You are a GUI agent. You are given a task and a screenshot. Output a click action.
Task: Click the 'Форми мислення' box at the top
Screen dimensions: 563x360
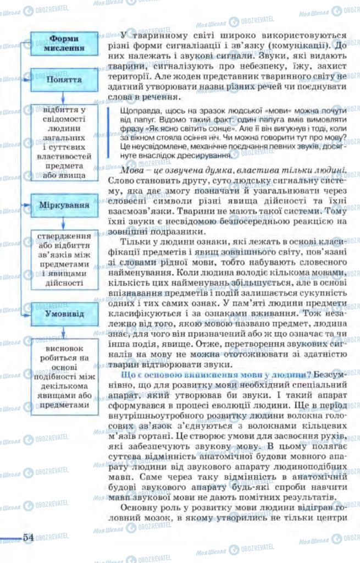coord(64,43)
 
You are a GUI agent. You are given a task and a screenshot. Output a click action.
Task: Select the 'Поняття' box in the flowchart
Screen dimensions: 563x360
coord(64,80)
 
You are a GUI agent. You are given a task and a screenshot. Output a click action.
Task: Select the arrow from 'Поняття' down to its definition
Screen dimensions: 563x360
coord(64,97)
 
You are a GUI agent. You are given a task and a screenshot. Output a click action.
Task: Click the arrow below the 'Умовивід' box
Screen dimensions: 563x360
coord(64,332)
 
